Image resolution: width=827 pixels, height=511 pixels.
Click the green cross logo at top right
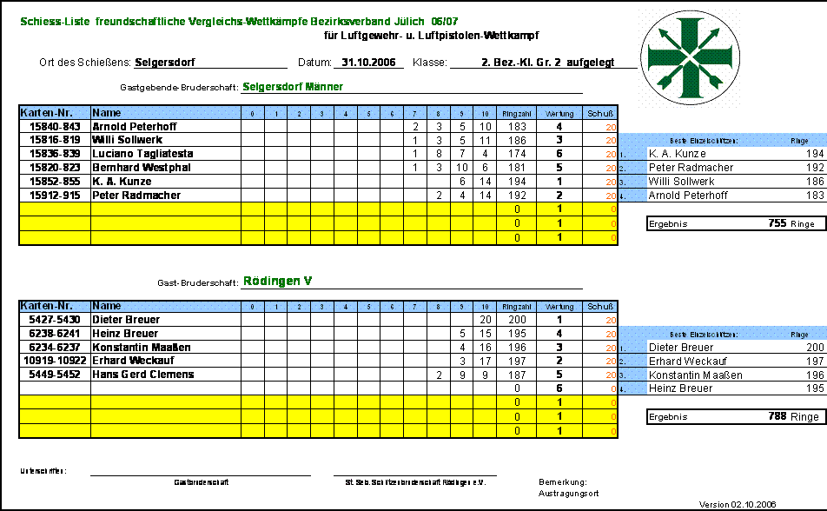pos(690,57)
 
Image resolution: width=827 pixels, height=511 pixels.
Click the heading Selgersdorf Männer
pos(293,87)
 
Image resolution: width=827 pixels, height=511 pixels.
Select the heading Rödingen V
pos(277,282)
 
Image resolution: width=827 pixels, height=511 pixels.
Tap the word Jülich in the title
pos(407,21)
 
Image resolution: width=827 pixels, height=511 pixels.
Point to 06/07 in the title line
pos(444,21)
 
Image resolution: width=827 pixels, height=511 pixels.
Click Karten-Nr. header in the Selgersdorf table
pos(54,113)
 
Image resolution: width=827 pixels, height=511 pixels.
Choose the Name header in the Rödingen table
pos(107,307)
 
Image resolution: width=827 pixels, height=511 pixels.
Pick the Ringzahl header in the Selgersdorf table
pos(517,114)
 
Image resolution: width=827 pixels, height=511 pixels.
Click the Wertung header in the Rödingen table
pos(559,308)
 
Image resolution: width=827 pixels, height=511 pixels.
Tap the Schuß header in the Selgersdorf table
pos(600,114)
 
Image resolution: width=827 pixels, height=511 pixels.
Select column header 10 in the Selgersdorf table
pos(485,114)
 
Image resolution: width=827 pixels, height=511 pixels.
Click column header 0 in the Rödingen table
pos(252,308)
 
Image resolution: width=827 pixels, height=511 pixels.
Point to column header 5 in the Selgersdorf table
pos(368,114)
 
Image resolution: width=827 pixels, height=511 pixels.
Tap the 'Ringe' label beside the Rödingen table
pos(799,335)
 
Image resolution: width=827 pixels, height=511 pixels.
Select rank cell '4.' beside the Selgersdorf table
pos(632,196)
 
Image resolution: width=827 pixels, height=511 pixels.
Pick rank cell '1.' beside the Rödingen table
pos(632,348)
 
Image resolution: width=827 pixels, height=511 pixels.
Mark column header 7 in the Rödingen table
pos(415,308)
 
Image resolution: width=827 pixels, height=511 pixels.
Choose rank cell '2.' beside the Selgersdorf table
pos(632,169)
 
